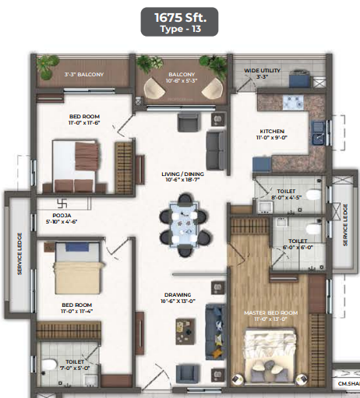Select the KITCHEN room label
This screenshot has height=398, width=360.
point(273,132)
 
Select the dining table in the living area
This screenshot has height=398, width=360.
point(184,223)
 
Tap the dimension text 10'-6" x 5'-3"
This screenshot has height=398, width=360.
point(182,80)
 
